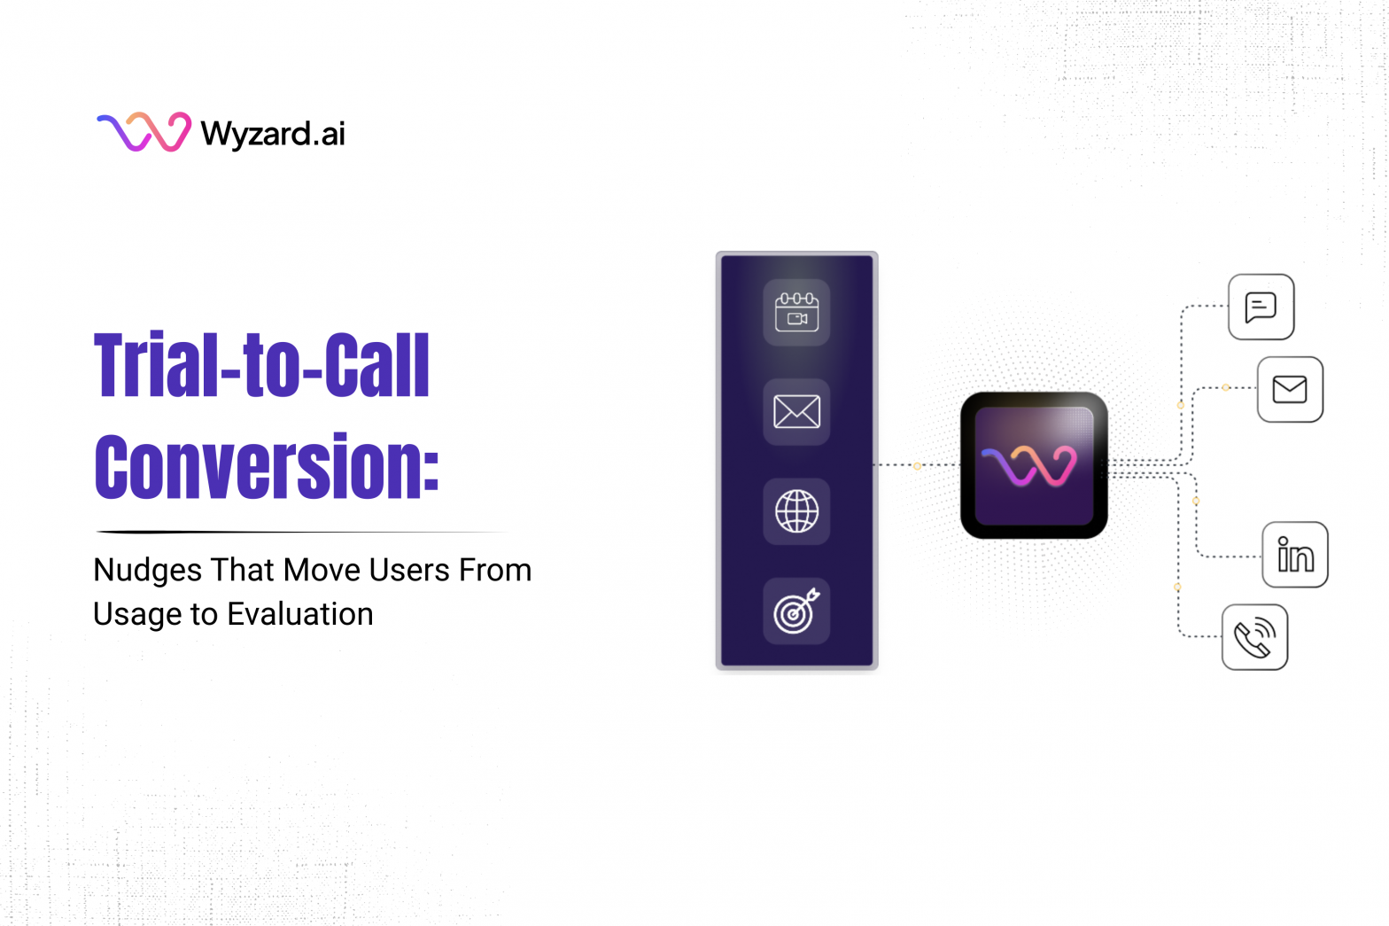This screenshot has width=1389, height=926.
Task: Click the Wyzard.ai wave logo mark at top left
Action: coord(144,132)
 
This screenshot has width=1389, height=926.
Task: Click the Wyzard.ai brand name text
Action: coord(273,134)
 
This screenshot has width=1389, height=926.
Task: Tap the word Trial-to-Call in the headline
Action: coord(262,365)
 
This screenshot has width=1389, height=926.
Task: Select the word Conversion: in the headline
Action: coord(267,466)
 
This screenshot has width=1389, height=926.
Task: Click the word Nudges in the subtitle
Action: coord(147,571)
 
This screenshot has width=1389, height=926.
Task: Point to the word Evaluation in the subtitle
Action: coord(300,614)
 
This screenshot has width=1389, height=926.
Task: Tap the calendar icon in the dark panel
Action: coord(796,312)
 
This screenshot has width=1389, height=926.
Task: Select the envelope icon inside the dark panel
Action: coord(796,412)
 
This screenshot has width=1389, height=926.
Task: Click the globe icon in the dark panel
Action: coord(796,511)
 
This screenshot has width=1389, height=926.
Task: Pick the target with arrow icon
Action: coord(796,611)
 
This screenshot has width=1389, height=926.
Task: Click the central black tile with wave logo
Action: coord(1034,465)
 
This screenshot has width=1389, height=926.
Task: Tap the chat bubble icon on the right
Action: coord(1261,307)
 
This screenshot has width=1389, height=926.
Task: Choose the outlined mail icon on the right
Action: coord(1290,389)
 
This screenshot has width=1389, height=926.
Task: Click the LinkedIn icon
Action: coord(1295,556)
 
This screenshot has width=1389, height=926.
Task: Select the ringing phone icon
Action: coord(1254,637)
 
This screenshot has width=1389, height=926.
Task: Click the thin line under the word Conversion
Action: coord(301,532)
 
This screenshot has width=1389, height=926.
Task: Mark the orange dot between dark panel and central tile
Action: coord(917,465)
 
